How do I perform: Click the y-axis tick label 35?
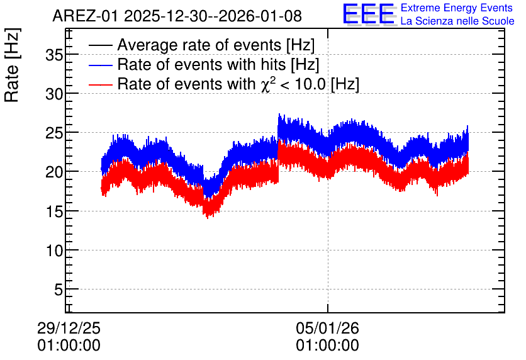[54, 55]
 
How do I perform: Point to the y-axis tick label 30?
[54, 94]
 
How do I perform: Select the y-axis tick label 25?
[54, 133]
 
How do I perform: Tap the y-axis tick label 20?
[54, 172]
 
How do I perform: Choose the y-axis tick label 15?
[54, 211]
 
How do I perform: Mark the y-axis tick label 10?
[54, 250]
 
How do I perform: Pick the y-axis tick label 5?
[59, 290]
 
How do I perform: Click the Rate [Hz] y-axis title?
[12, 65]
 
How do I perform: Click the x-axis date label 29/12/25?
[69, 328]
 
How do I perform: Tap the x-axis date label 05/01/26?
[327, 328]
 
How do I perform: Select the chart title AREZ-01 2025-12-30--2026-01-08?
[177, 16]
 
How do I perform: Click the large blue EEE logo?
[369, 14]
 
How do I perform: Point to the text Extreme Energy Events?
[457, 8]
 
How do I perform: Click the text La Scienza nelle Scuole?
[457, 21]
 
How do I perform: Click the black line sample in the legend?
[100, 45]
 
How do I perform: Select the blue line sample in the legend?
[100, 65]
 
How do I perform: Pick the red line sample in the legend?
[100, 84]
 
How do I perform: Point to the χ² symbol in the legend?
[266, 84]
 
